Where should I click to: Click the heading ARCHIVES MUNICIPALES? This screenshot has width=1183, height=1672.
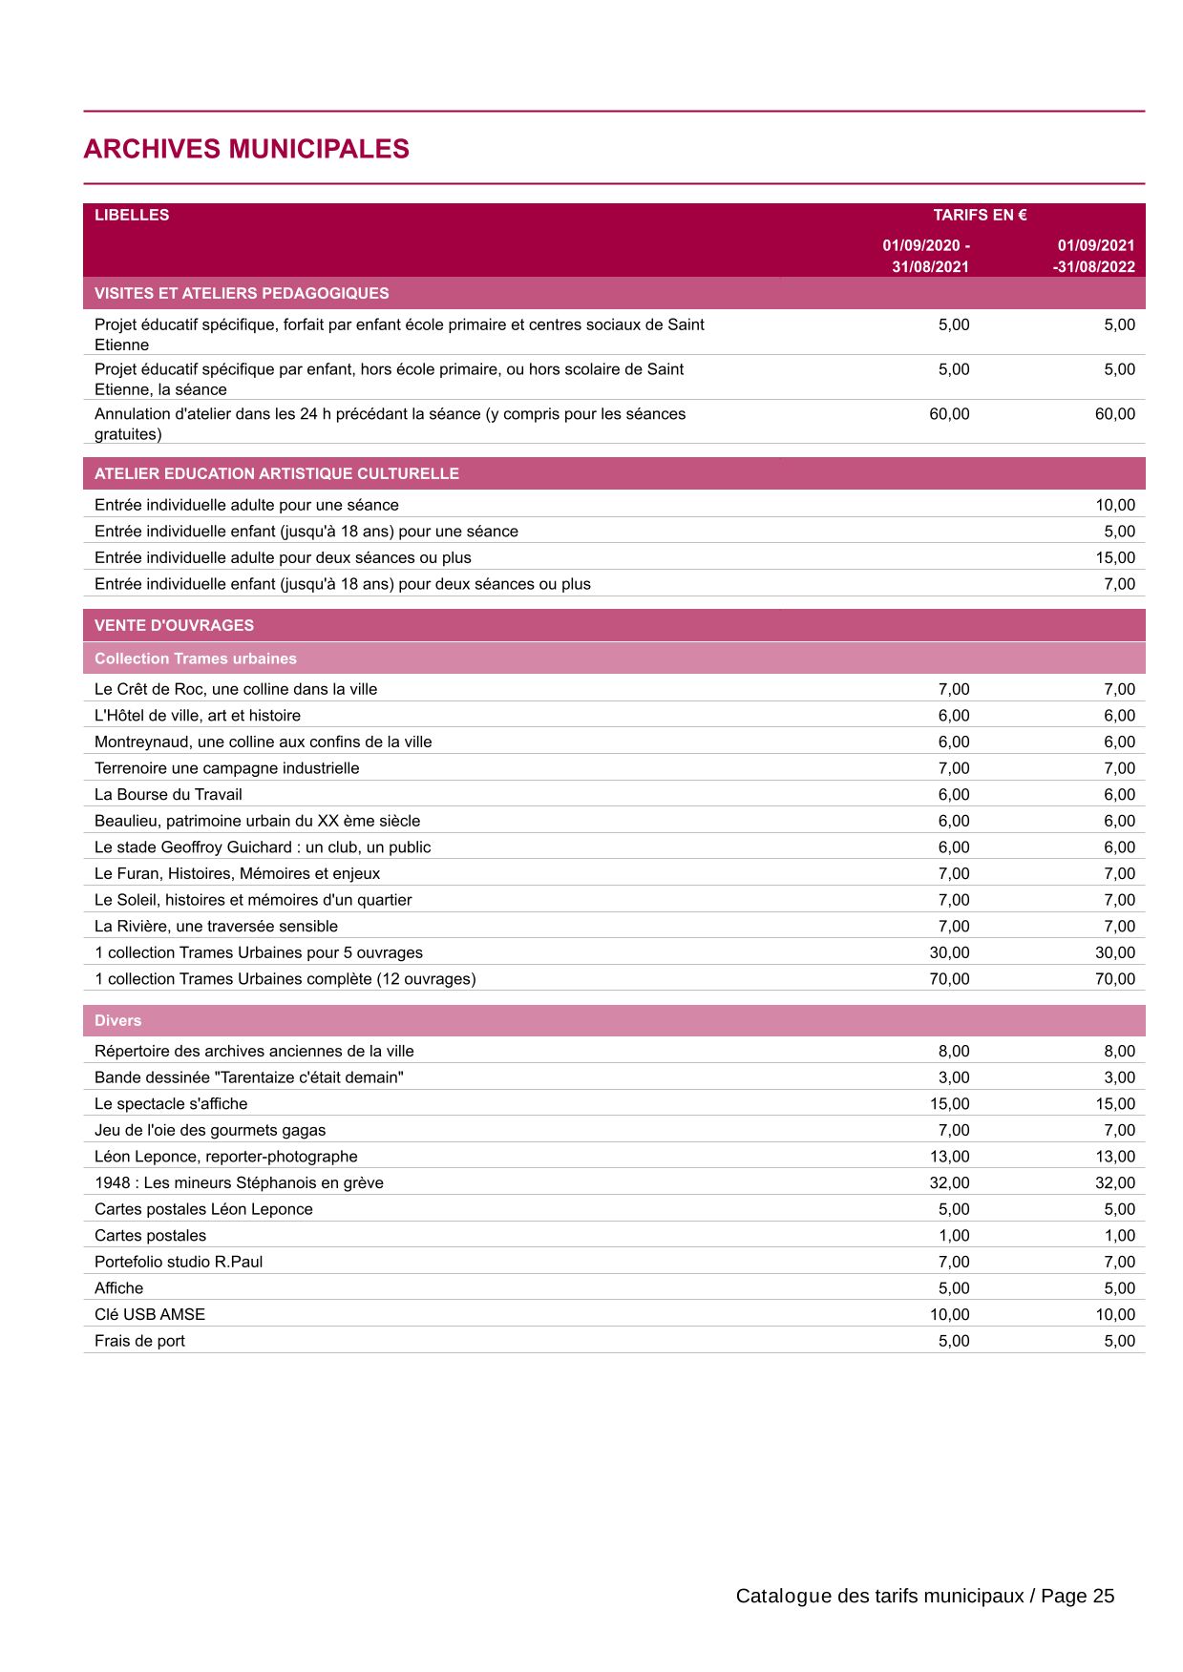tap(246, 149)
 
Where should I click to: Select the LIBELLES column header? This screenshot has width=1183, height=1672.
tap(132, 215)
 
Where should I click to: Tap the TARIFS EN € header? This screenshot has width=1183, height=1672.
tap(980, 215)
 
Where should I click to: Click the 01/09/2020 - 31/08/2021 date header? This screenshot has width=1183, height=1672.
tap(926, 256)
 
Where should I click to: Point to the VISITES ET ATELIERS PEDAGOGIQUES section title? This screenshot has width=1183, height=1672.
tap(242, 293)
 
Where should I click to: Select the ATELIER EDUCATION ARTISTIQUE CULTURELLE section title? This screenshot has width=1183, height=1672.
tap(276, 473)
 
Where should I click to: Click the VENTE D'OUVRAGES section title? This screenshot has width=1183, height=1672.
tap(174, 625)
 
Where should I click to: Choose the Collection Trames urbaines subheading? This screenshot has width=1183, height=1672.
tap(196, 658)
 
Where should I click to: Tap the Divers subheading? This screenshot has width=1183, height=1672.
tap(117, 1020)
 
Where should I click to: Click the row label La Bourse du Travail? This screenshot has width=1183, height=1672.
tap(168, 794)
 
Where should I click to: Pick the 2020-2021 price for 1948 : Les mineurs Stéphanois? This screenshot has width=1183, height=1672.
tap(949, 1182)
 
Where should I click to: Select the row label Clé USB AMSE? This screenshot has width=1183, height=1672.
tap(150, 1314)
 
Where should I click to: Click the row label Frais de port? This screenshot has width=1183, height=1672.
tap(139, 1341)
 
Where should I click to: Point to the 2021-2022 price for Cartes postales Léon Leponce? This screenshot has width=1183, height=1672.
tap(1119, 1209)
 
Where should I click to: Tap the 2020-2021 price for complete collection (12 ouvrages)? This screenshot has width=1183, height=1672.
tap(949, 978)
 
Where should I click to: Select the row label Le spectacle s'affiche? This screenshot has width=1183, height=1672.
tap(171, 1103)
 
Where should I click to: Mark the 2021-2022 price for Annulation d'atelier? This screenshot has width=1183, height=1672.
tap(1115, 414)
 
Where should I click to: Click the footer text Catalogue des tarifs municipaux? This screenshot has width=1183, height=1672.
tap(879, 1596)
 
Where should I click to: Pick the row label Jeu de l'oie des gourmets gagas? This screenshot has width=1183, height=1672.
tap(210, 1130)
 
